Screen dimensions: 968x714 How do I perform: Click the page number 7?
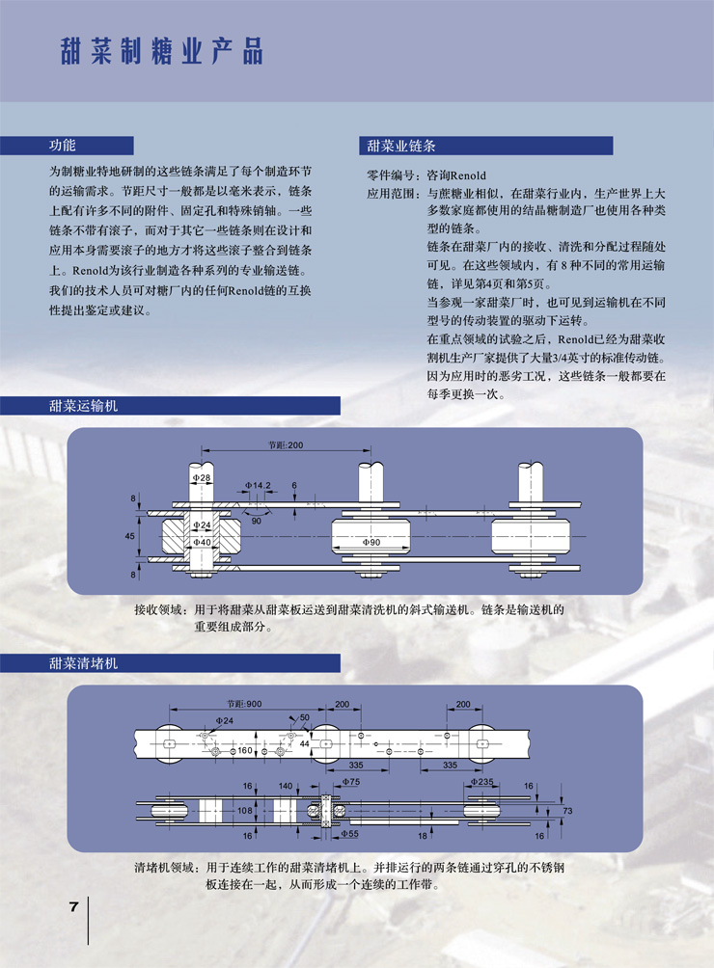click(72, 907)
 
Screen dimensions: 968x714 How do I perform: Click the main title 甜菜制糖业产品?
click(160, 50)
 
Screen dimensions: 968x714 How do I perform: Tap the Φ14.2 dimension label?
click(258, 485)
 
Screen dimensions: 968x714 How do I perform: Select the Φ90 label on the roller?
click(372, 544)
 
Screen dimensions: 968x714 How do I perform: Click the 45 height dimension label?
click(130, 533)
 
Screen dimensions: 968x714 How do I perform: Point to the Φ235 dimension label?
click(482, 783)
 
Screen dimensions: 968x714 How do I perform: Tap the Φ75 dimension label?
click(348, 784)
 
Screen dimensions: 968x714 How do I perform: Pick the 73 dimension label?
click(567, 811)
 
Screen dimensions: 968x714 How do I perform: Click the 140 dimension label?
click(285, 787)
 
